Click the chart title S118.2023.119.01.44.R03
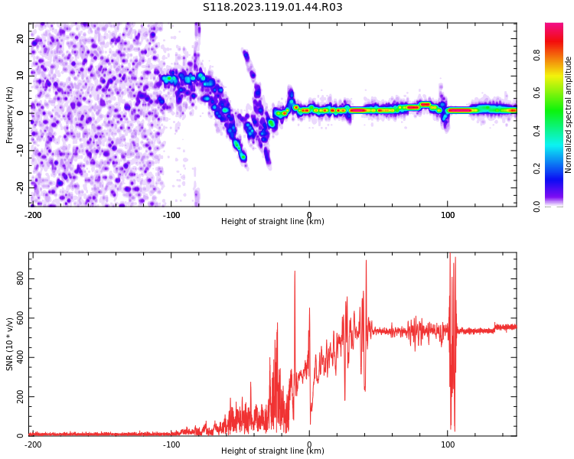pyautogui.click(x=272, y=8)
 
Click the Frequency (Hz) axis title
pyautogui.click(x=10, y=115)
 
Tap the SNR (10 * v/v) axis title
pyautogui.click(x=10, y=344)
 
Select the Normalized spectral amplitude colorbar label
pyautogui.click(x=569, y=115)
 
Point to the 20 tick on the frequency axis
pyautogui.click(x=21, y=38)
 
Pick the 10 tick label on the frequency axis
pyautogui.click(x=21, y=75)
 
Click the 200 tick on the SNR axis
pyautogui.click(x=21, y=397)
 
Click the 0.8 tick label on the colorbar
pyautogui.click(x=537, y=55)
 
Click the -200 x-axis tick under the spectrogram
pyautogui.click(x=33, y=215)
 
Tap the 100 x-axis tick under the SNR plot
pyautogui.click(x=448, y=444)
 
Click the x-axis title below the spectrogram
pyautogui.click(x=272, y=222)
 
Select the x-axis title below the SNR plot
pyautogui.click(x=272, y=451)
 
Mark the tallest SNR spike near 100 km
pyautogui.click(x=449, y=254)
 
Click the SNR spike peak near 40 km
pyautogui.click(x=366, y=262)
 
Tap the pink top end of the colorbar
pyautogui.click(x=554, y=27)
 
